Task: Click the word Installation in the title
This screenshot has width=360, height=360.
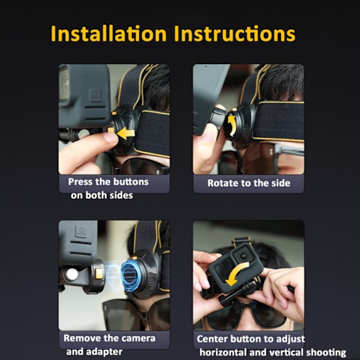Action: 109,34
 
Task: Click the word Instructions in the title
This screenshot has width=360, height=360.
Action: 235,34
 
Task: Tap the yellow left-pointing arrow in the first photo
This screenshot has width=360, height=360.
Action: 125,133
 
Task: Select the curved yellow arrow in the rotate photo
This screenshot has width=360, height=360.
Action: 232,125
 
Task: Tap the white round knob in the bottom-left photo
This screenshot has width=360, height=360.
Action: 72,274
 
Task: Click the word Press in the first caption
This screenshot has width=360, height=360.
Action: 80,182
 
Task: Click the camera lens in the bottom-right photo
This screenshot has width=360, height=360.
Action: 243,256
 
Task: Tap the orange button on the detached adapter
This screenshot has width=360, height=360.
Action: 99,274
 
